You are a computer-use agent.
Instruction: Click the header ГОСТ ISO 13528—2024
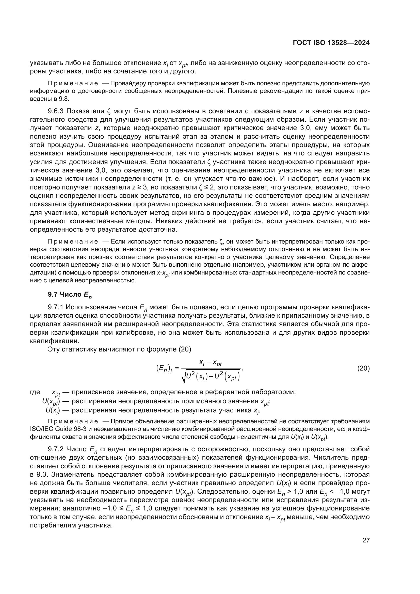pos(331,43)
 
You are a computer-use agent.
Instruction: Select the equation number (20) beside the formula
pos(363,368)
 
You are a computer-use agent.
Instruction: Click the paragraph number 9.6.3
pos(56,111)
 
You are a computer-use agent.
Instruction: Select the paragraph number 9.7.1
pos(56,307)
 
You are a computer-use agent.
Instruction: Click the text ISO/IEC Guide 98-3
pos(58,429)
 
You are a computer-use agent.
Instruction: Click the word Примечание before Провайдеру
pos(73,83)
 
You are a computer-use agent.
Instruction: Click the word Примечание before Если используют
pos(73,242)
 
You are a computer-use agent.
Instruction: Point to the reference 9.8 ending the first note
pos(64,99)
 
